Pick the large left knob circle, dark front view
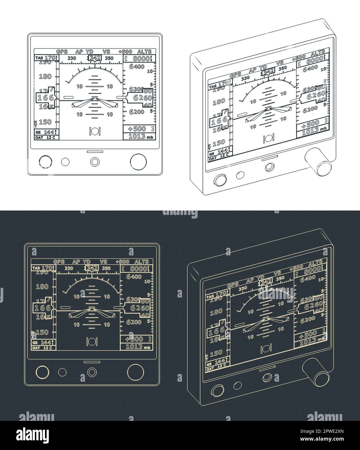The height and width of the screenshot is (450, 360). (x=41, y=372)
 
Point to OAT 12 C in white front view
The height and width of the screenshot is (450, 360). (x=45, y=137)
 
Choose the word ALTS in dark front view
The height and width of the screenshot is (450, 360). (x=141, y=262)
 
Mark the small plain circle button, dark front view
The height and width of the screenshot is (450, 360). (x=62, y=372)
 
